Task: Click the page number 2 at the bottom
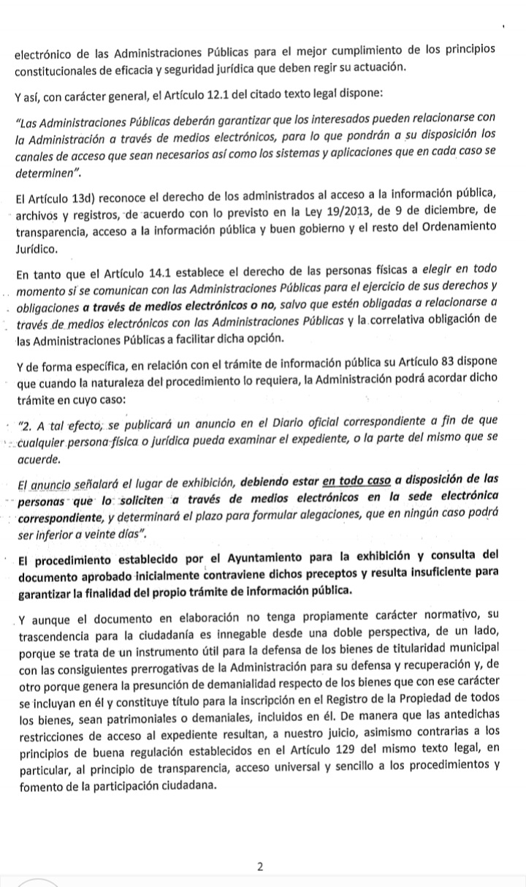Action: point(261,867)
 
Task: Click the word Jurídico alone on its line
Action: point(36,249)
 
